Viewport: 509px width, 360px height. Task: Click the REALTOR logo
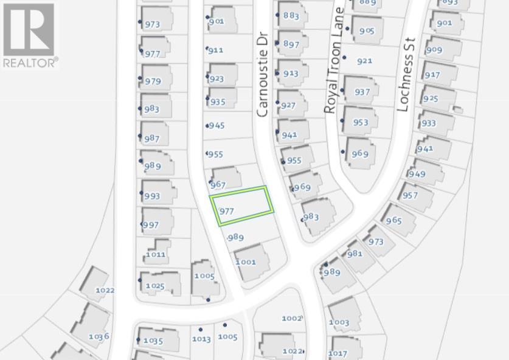click(29, 35)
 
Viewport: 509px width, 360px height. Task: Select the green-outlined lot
click(242, 206)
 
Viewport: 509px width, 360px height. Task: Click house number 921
click(364, 61)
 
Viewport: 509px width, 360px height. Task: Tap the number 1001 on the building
click(246, 262)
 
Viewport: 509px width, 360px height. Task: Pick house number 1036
click(99, 336)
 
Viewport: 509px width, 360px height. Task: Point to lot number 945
click(216, 125)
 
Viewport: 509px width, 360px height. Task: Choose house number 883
click(291, 16)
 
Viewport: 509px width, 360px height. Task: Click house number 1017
click(338, 353)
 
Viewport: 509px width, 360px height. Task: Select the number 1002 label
click(292, 318)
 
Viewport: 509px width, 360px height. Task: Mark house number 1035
click(153, 341)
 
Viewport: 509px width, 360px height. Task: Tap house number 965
click(393, 220)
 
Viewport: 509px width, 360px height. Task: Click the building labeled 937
click(362, 92)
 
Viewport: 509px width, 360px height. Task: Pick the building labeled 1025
click(155, 285)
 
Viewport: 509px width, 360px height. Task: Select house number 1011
click(156, 254)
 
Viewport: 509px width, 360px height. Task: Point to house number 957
click(410, 195)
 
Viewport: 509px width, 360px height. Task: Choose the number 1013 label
click(201, 339)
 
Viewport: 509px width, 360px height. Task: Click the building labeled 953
click(361, 122)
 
